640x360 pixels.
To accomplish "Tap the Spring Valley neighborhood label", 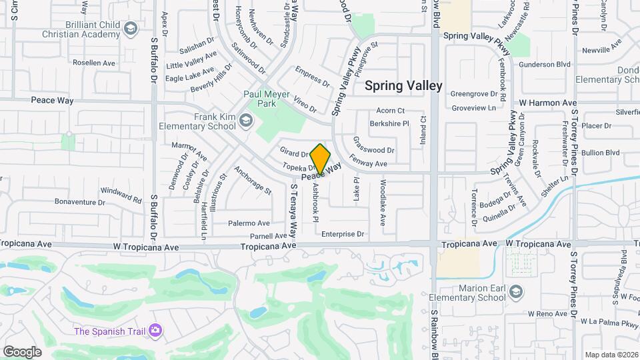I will [x=403, y=86].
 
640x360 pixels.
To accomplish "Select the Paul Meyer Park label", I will [x=266, y=99].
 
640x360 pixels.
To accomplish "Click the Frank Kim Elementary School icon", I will [x=246, y=121].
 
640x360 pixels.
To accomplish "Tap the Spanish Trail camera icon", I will [x=156, y=330].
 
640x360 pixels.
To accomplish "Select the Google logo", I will [x=22, y=351].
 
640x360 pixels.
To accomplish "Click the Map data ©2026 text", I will [x=610, y=355].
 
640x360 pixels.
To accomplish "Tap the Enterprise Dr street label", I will [x=343, y=234].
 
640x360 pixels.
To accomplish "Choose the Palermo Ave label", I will [x=249, y=223].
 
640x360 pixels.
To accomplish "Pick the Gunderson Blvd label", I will [x=545, y=65].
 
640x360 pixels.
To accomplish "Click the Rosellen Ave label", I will [x=94, y=63].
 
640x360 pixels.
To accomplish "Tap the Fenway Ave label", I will [x=369, y=163].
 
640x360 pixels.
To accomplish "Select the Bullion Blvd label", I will [x=600, y=153].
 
